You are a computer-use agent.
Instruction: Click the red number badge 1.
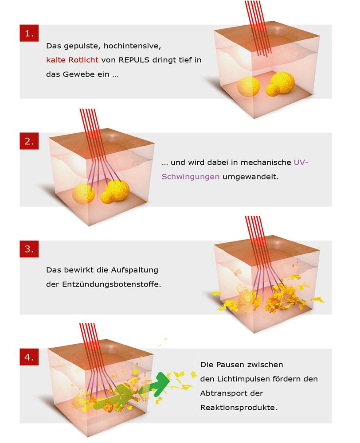pyautogui.click(x=29, y=33)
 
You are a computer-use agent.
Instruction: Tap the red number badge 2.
pyautogui.click(x=29, y=141)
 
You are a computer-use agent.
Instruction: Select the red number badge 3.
pyautogui.click(x=29, y=249)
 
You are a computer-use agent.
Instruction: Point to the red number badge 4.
pyautogui.click(x=29, y=357)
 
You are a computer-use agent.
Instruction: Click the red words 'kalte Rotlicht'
pyautogui.click(x=72, y=60)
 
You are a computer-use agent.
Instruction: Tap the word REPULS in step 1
pyautogui.click(x=134, y=60)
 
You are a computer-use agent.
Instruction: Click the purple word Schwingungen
pyautogui.click(x=190, y=177)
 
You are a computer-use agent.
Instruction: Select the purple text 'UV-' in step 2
pyautogui.click(x=301, y=163)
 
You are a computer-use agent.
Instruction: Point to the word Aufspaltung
pyautogui.click(x=134, y=270)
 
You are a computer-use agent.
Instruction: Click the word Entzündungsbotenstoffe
pyautogui.click(x=111, y=284)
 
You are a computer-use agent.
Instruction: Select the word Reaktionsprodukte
pyautogui.click(x=239, y=408)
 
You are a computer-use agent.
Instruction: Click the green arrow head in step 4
pyautogui.click(x=162, y=383)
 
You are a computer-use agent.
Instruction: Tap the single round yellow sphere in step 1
pyautogui.click(x=249, y=87)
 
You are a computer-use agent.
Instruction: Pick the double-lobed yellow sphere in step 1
pyautogui.click(x=280, y=84)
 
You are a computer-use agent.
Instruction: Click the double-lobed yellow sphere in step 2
pyautogui.click(x=115, y=191)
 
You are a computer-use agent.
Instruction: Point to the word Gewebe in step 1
pyautogui.click(x=86, y=74)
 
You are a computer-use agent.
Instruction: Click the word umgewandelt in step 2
pyautogui.click(x=250, y=177)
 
